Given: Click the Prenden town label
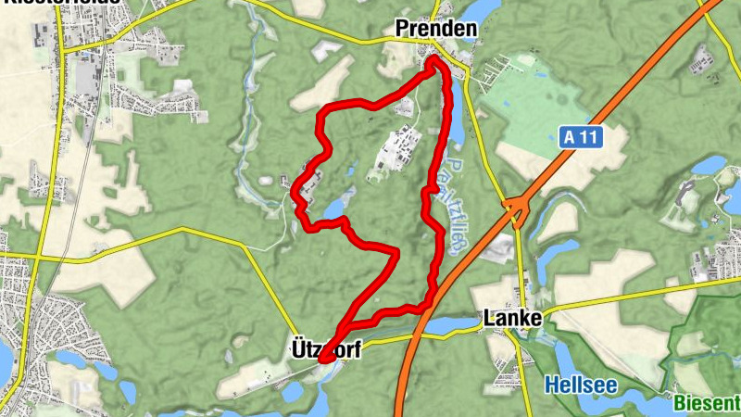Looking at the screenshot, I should (x=435, y=30).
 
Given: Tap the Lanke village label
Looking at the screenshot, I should (x=512, y=319).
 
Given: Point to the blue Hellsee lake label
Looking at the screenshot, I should (x=579, y=383).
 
